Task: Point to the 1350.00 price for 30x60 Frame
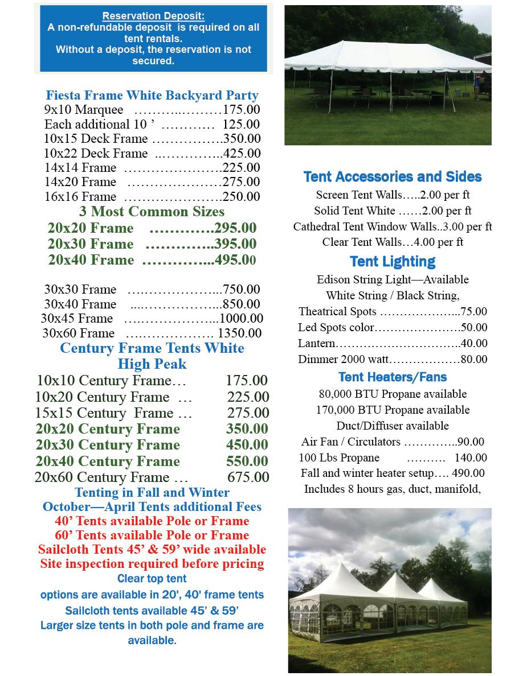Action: (x=240, y=333)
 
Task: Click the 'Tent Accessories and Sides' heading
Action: (x=393, y=177)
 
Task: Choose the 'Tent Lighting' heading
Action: (x=393, y=261)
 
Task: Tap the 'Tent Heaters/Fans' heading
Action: (x=393, y=377)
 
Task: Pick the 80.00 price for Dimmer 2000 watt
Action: (x=474, y=359)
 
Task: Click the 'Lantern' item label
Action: (x=316, y=343)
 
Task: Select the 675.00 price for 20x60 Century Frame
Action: (x=248, y=477)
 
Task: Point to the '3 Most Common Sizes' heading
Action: (x=152, y=212)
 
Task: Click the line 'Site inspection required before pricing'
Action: (x=152, y=564)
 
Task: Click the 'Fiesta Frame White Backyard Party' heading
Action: (x=152, y=95)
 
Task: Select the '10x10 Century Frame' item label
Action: (x=111, y=381)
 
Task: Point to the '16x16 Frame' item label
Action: (x=80, y=196)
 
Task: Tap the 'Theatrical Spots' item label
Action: (x=337, y=311)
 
